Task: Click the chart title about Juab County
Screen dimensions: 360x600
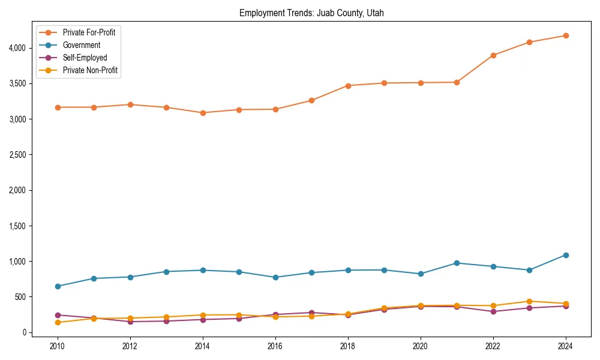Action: click(x=316, y=13)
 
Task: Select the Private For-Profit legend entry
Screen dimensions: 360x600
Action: click(x=89, y=32)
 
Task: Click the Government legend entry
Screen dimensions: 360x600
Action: click(x=81, y=45)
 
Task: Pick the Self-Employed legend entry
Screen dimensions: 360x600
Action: click(x=85, y=58)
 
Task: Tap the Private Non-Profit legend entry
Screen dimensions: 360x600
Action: click(x=90, y=70)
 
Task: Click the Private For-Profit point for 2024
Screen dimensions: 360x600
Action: click(x=566, y=35)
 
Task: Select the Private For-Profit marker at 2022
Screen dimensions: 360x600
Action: click(x=493, y=55)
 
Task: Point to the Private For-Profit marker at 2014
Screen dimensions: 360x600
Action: click(x=203, y=113)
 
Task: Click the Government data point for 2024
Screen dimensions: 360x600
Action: click(x=566, y=255)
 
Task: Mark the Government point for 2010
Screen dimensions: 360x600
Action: click(x=58, y=286)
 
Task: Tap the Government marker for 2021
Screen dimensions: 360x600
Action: click(x=457, y=263)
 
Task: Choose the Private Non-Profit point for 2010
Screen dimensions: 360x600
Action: click(x=58, y=323)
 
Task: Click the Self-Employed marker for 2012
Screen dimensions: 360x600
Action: click(x=130, y=322)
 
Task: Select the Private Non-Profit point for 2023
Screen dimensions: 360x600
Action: click(x=529, y=301)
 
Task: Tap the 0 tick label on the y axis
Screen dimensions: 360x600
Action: click(x=23, y=332)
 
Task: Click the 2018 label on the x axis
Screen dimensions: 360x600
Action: click(x=347, y=346)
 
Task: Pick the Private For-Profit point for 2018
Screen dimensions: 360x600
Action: click(x=347, y=85)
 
